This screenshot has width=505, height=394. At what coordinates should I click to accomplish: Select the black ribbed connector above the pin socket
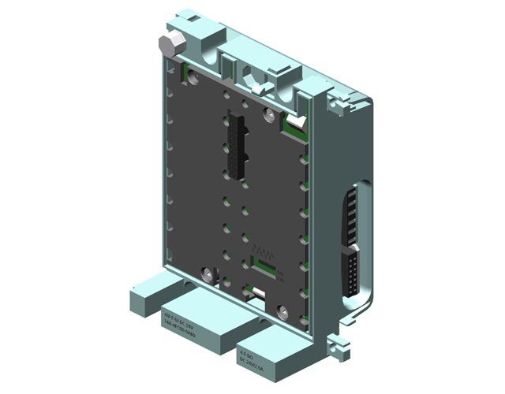(x=348, y=217)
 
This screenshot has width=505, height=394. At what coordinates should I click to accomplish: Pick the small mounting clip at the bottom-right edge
(x=339, y=344)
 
